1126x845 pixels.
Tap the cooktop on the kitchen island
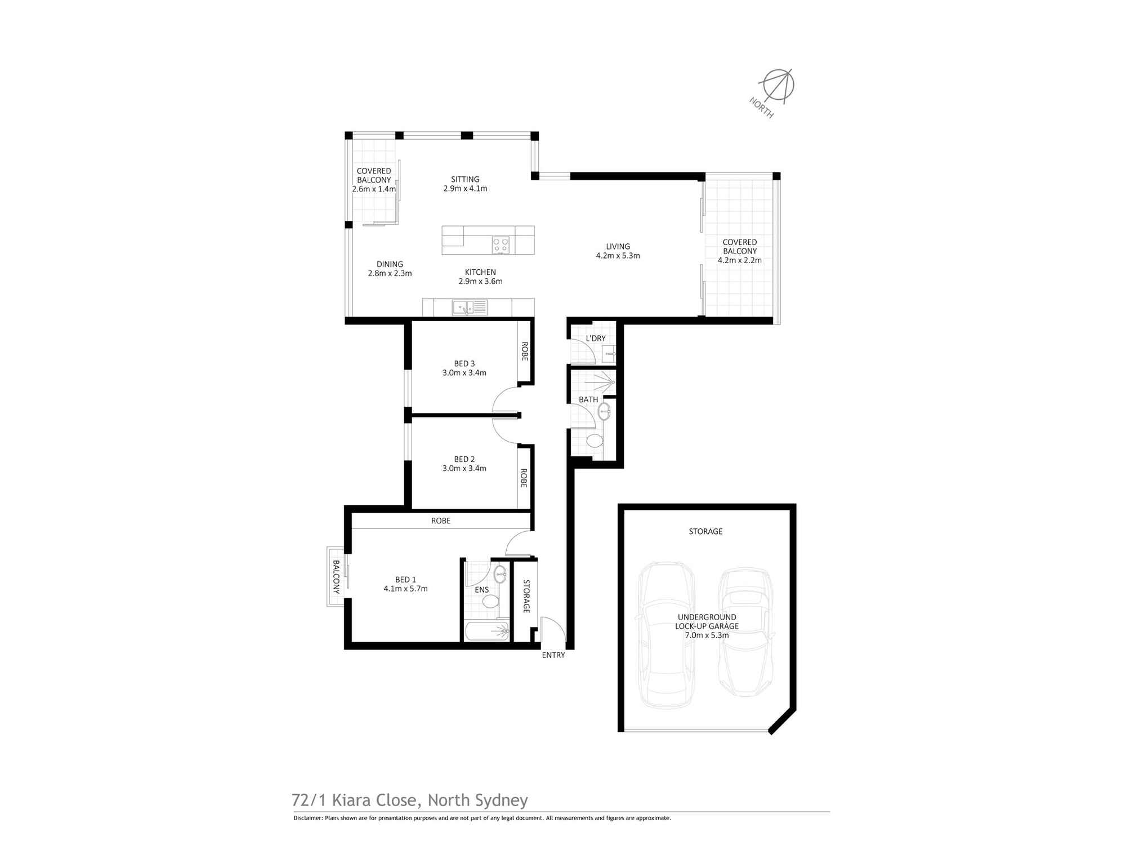(501, 244)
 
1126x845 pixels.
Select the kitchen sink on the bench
(469, 308)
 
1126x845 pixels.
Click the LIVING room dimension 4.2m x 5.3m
(618, 256)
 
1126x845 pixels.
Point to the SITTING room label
(465, 179)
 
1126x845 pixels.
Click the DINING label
(390, 264)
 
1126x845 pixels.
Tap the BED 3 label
(464, 363)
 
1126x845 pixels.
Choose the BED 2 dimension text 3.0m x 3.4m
(464, 468)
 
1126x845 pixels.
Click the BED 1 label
(405, 579)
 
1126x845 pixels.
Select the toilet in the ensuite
(490, 602)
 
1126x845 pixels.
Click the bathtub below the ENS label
(488, 631)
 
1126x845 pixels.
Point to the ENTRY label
(553, 655)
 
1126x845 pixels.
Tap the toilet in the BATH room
(594, 440)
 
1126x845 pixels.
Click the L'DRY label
(596, 339)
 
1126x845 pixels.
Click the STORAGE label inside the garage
(705, 531)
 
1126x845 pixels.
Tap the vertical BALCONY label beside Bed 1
(336, 577)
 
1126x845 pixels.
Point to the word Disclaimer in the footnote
(307, 818)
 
